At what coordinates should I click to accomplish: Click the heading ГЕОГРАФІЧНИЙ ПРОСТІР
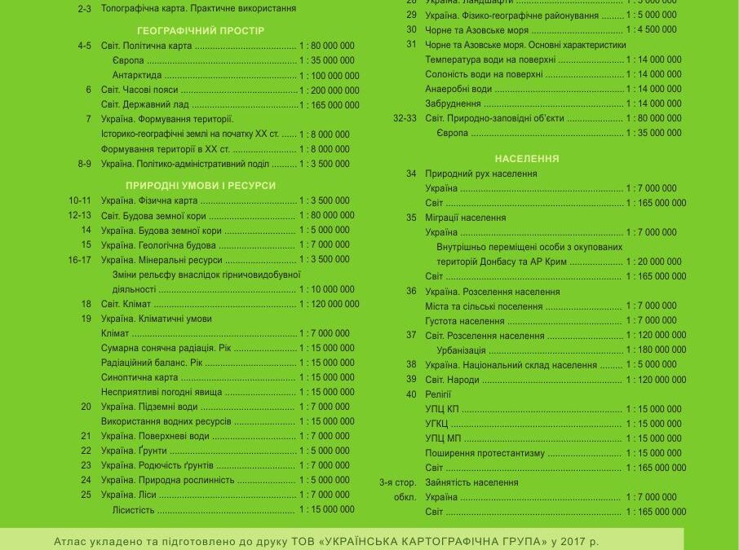201,31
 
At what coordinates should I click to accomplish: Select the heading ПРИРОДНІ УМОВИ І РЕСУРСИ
201,186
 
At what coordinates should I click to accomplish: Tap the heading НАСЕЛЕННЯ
526,159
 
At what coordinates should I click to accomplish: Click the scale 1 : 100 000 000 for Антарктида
329,76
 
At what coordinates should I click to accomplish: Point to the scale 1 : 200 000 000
329,90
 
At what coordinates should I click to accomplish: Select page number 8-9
84,164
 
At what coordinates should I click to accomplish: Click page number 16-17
80,260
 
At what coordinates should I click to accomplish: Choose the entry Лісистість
133,510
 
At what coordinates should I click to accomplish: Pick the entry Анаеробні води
458,89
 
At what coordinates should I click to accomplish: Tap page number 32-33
405,118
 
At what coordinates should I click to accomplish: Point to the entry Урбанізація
461,350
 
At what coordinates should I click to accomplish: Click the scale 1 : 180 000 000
656,350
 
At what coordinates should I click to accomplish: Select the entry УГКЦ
436,424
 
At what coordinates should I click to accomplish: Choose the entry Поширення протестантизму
485,453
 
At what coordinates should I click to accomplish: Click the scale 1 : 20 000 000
653,262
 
